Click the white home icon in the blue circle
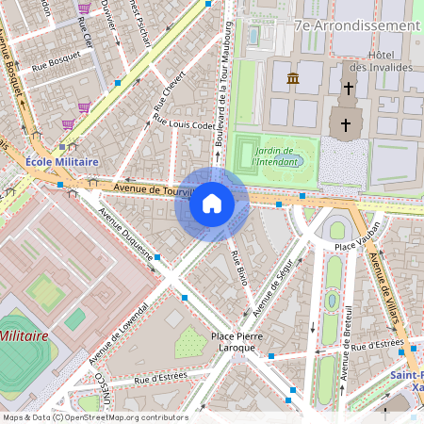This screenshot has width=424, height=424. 211,204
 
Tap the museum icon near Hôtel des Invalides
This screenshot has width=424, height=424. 293,78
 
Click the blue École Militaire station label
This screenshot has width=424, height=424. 62,162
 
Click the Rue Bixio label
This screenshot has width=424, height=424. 238,269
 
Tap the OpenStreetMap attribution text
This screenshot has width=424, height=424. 94,417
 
